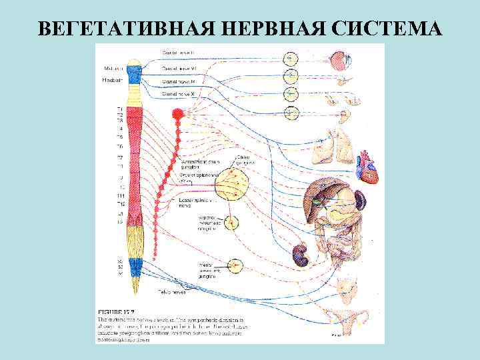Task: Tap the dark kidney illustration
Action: point(301,255)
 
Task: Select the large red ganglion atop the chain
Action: point(177,115)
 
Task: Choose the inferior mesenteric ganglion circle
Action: point(235,266)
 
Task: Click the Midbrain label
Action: point(111,68)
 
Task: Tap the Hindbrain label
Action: point(111,80)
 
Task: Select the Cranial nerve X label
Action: point(178,95)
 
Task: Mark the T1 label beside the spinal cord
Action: point(119,108)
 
